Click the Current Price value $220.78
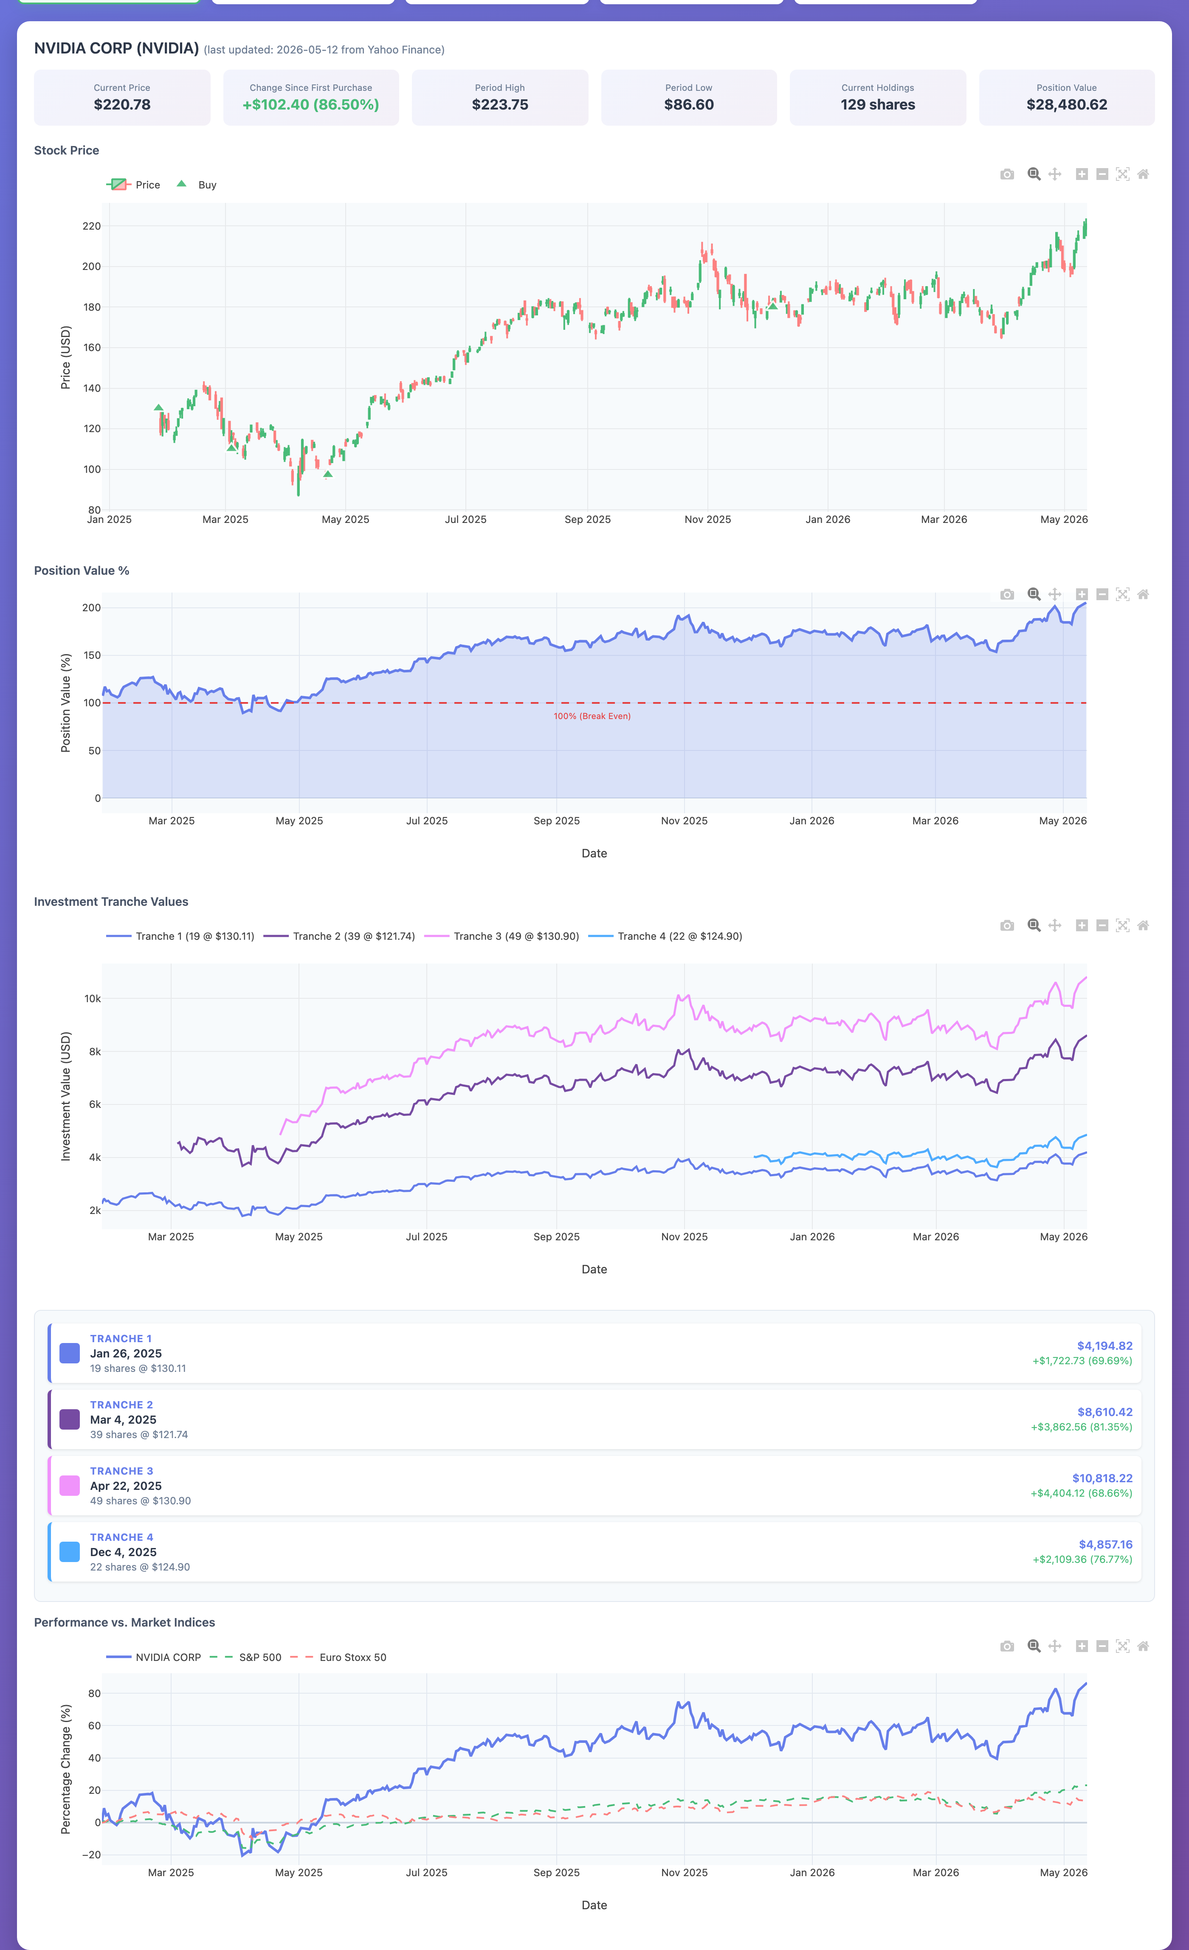click(x=122, y=104)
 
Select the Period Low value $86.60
click(x=689, y=104)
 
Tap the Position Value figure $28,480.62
click(x=1066, y=104)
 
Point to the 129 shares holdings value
click(x=878, y=104)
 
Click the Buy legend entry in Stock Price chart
click(x=196, y=184)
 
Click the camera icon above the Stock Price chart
click(x=1007, y=174)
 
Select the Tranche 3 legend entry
click(x=502, y=936)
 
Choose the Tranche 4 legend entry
click(x=666, y=936)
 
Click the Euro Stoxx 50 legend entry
click(x=339, y=1657)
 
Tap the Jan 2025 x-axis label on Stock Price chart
click(x=109, y=519)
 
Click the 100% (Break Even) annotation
click(x=592, y=716)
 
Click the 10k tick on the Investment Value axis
click(x=93, y=999)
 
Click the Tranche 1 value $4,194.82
click(x=1104, y=1346)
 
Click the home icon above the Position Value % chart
click(x=1143, y=594)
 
